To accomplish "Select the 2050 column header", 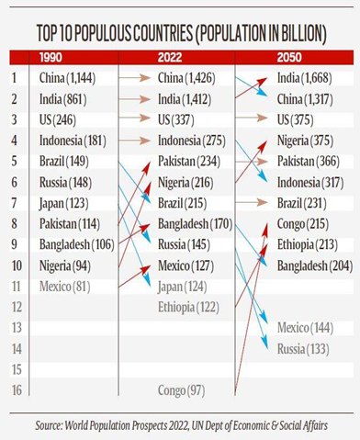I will click(x=290, y=57).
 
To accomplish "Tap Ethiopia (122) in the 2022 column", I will click(x=188, y=306).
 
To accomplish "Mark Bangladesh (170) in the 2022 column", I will click(x=194, y=222).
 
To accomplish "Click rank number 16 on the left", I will click(x=15, y=390).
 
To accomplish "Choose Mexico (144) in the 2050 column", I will click(x=306, y=327).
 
